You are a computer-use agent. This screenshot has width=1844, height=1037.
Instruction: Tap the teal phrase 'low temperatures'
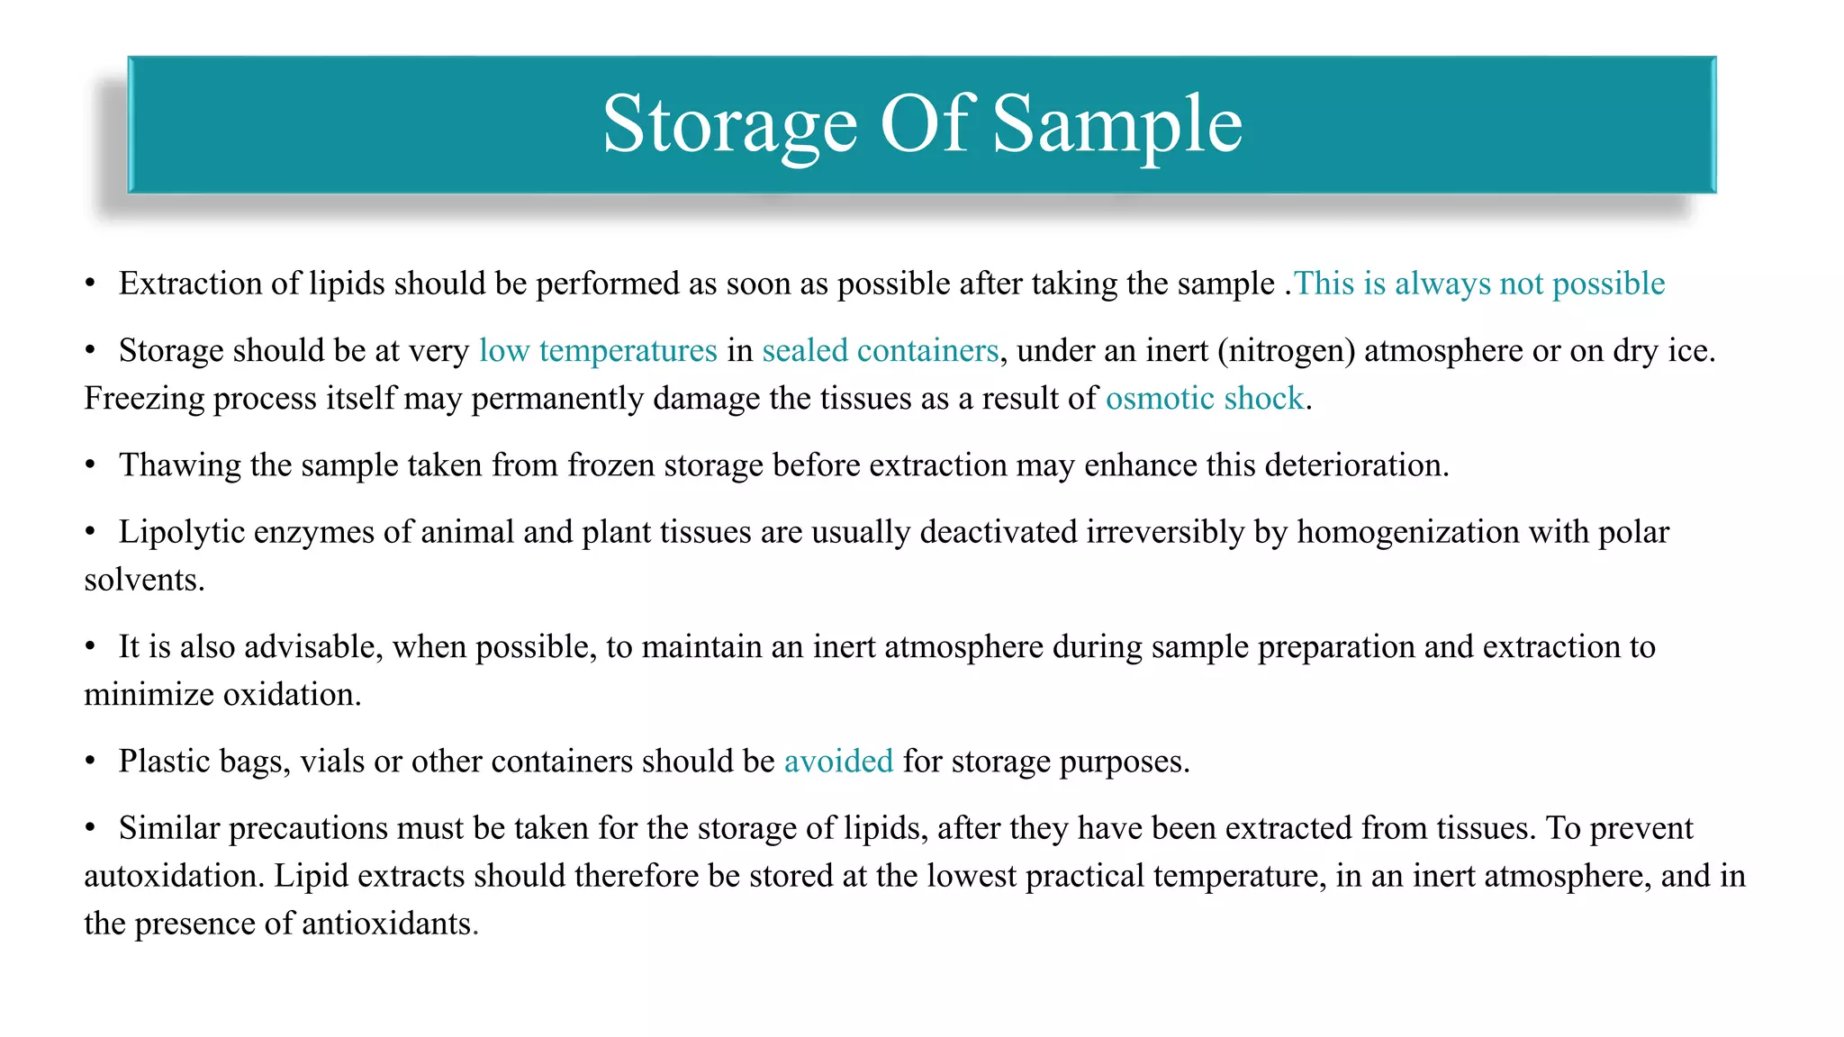pyautogui.click(x=598, y=350)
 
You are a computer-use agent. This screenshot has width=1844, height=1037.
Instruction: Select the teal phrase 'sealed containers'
pyautogui.click(x=880, y=350)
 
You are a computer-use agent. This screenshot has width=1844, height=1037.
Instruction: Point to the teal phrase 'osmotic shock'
pyautogui.click(x=1204, y=398)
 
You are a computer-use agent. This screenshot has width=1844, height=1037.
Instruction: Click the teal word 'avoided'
pyautogui.click(x=838, y=762)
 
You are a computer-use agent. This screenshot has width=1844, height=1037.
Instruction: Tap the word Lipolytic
pyautogui.click(x=181, y=532)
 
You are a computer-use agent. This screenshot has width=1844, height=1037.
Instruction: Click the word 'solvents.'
pyautogui.click(x=144, y=580)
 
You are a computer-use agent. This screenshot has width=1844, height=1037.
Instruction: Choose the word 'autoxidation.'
pyautogui.click(x=174, y=876)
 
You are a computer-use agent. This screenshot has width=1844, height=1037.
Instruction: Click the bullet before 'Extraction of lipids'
pyautogui.click(x=90, y=284)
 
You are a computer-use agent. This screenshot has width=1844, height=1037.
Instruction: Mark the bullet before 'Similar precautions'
pyautogui.click(x=90, y=827)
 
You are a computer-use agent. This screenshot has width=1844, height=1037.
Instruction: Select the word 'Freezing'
pyautogui.click(x=144, y=398)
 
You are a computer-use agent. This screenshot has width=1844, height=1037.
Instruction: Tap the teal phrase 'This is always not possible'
pyautogui.click(x=1479, y=284)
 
